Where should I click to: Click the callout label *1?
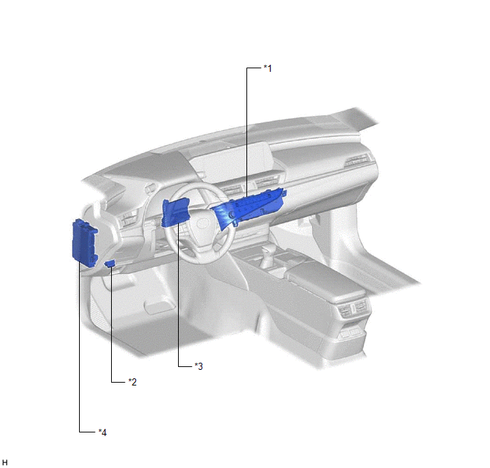(x=268, y=68)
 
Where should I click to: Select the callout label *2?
(x=132, y=381)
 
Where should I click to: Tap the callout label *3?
(x=199, y=366)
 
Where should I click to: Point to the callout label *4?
(x=103, y=432)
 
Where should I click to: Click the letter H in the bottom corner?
(x=5, y=462)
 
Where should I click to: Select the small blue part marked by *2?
(x=110, y=264)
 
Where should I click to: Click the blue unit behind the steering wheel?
(x=175, y=213)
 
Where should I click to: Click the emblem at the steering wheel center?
(x=202, y=223)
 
